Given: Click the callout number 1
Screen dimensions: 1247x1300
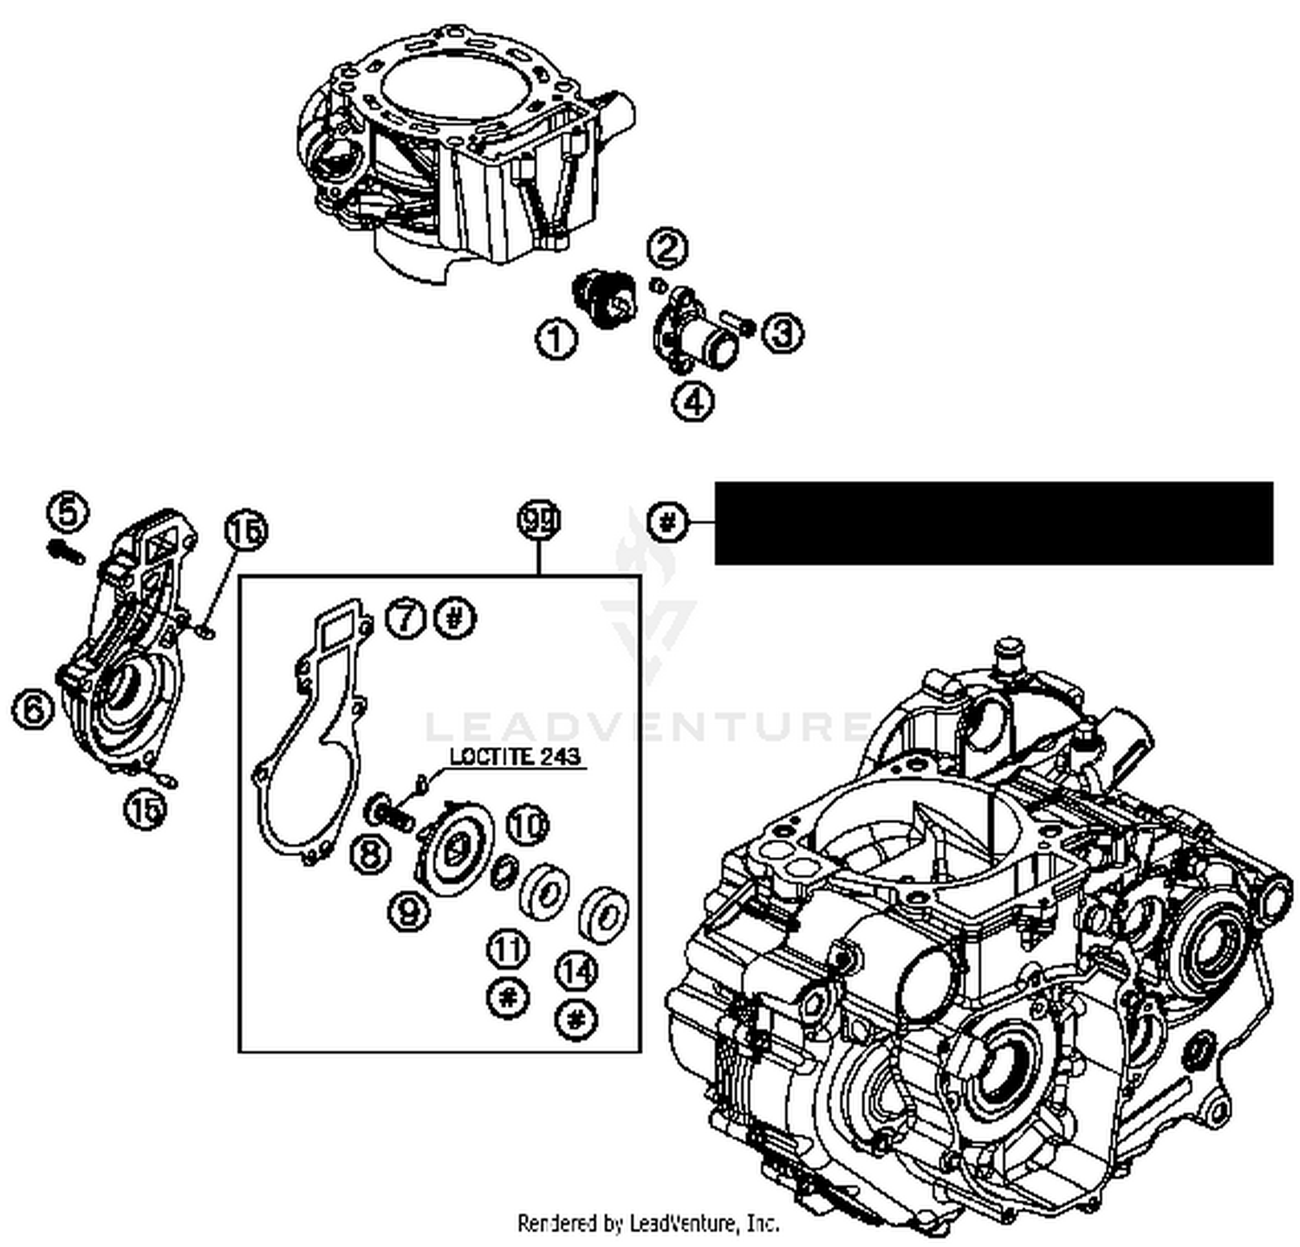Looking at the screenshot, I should (x=556, y=338).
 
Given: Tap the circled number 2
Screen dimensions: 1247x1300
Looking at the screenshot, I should (x=668, y=248).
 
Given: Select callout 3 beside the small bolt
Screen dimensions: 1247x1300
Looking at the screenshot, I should (x=783, y=333).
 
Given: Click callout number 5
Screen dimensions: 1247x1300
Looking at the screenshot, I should (x=68, y=512).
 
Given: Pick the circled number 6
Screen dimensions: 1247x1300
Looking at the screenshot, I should (x=33, y=711).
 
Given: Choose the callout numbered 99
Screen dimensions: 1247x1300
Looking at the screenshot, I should (x=539, y=521).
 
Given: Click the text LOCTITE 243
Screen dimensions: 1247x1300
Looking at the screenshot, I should (x=517, y=757).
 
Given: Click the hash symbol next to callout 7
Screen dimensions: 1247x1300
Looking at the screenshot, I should (x=456, y=619).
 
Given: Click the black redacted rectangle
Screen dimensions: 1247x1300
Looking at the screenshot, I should (x=993, y=523).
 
